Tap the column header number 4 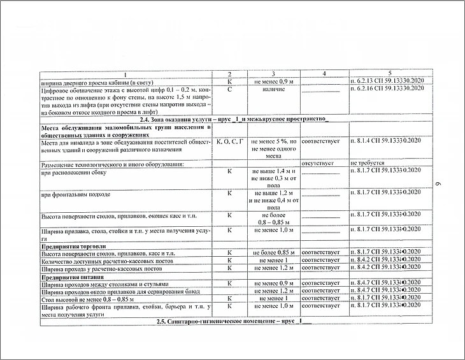pyautogui.click(x=324, y=75)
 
